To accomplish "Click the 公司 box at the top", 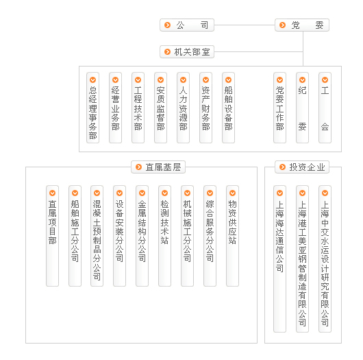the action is [x=187, y=25].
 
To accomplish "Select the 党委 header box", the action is [x=302, y=25].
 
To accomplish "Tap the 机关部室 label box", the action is [x=187, y=51].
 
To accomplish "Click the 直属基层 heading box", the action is [x=158, y=167].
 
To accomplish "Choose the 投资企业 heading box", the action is [x=302, y=167].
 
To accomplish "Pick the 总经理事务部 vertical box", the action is [x=93, y=108].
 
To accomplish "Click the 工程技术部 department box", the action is [x=138, y=108].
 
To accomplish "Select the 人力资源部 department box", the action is [x=183, y=108].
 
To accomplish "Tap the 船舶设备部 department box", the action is [x=228, y=108].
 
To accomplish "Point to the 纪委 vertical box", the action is [x=302, y=108].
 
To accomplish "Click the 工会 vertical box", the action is [x=325, y=108].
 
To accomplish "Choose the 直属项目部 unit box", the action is [x=52, y=236].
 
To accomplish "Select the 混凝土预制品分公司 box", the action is [x=97, y=236].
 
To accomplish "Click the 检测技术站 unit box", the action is [x=164, y=236].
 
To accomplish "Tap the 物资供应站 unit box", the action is [x=232, y=236].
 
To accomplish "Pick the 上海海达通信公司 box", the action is [x=279, y=259].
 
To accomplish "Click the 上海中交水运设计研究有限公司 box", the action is [x=325, y=259].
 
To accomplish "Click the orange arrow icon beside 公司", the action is [x=167, y=25].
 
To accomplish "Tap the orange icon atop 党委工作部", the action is [x=279, y=80].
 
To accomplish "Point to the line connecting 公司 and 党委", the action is [x=245, y=25].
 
